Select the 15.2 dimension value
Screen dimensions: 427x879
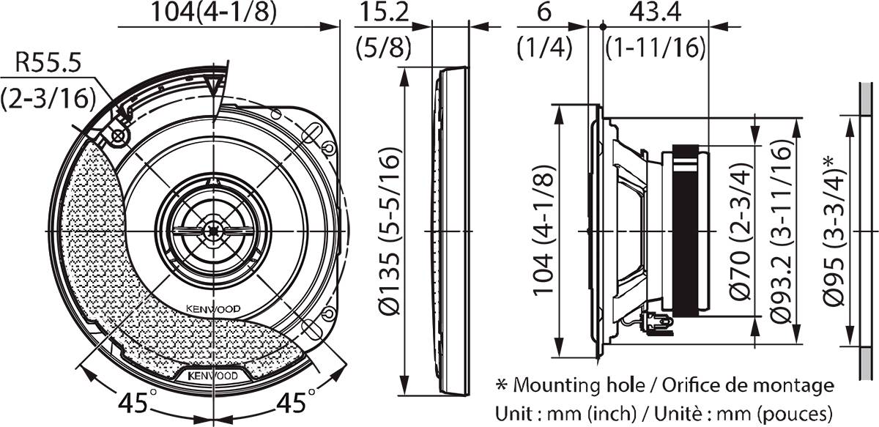pyautogui.click(x=382, y=12)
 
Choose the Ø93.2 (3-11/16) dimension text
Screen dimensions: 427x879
pyautogui.click(x=783, y=232)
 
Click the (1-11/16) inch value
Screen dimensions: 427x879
pyautogui.click(x=656, y=48)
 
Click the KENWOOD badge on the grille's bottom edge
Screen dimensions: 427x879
pyautogui.click(x=212, y=375)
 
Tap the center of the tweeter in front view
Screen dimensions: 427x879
pyautogui.click(x=212, y=231)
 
